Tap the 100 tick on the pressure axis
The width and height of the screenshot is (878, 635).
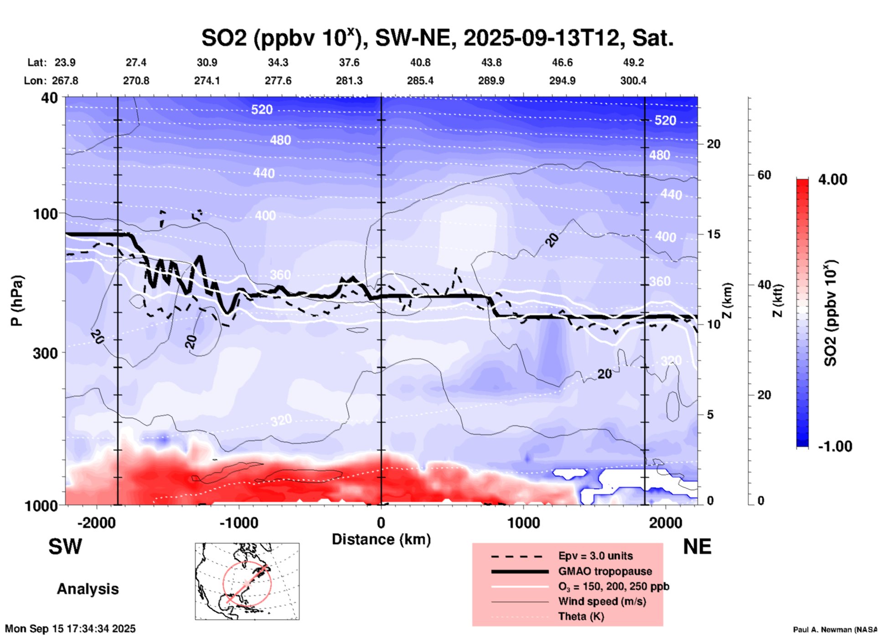(x=48, y=214)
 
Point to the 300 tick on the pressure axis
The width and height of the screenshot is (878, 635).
(x=48, y=353)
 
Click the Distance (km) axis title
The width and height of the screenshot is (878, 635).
(x=381, y=539)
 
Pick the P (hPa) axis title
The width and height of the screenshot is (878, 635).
(x=17, y=301)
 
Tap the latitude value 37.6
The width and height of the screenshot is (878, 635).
(x=349, y=62)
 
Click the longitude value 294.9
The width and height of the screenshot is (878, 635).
(x=562, y=81)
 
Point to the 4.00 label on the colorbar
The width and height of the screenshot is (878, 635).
(x=832, y=179)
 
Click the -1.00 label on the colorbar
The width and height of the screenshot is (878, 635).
(x=835, y=446)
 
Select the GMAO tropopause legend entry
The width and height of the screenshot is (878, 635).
(x=605, y=571)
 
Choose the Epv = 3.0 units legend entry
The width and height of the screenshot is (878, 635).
(x=595, y=556)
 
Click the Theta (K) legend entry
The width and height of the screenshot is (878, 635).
(x=581, y=617)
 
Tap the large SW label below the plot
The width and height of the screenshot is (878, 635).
(x=65, y=547)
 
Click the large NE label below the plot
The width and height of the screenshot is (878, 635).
(x=697, y=547)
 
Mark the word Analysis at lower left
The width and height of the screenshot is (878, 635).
(x=88, y=589)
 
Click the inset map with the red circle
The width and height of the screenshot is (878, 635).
(x=247, y=581)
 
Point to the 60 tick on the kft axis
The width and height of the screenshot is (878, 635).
(x=764, y=175)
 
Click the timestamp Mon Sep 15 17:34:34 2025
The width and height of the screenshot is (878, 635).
(x=70, y=629)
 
